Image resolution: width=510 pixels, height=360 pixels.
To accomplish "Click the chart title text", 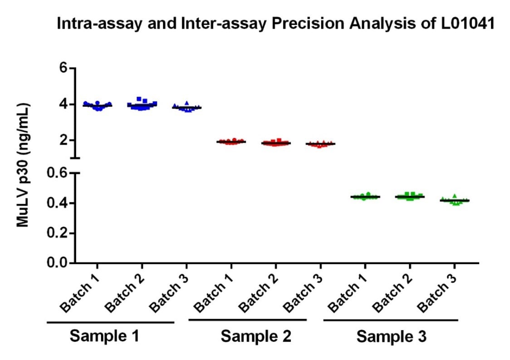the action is [x=276, y=24].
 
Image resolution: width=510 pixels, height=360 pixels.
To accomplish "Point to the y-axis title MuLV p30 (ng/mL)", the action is [x=23, y=165].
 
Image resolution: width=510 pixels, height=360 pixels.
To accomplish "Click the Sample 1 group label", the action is [x=104, y=336].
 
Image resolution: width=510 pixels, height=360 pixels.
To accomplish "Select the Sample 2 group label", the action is [x=256, y=336].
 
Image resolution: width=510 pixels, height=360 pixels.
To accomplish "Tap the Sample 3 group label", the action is [x=391, y=336].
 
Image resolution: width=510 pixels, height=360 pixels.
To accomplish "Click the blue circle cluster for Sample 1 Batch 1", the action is [x=97, y=105].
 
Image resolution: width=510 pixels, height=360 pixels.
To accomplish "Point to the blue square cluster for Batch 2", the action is [x=142, y=104].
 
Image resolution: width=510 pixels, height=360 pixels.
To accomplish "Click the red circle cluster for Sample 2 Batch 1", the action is [x=231, y=142].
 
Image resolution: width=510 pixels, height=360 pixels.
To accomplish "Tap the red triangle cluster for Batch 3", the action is [x=320, y=144].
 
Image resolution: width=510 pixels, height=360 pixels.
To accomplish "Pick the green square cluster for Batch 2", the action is [x=410, y=196].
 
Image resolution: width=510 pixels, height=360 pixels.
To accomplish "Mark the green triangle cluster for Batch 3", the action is [x=454, y=200].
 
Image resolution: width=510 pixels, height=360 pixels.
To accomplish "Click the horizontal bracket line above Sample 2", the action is [x=248, y=320].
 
